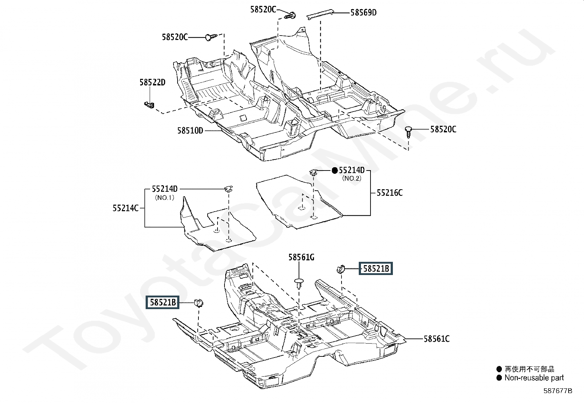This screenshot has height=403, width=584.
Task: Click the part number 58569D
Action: (363, 13)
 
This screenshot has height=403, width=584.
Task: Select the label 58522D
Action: (152, 83)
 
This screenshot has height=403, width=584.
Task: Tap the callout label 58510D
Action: (190, 131)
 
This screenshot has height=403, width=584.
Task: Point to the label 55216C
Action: (389, 193)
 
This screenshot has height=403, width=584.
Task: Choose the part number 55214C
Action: (125, 208)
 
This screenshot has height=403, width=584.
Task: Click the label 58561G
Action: (301, 257)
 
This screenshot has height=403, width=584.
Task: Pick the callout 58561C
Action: (436, 339)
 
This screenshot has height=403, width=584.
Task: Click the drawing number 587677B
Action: (558, 391)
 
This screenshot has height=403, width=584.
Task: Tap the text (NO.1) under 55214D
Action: (164, 198)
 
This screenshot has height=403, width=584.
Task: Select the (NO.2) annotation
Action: (351, 179)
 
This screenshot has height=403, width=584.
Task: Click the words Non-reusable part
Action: (534, 378)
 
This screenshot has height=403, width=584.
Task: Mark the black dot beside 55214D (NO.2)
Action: (335, 171)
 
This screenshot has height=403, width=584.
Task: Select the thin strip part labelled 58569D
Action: (320, 15)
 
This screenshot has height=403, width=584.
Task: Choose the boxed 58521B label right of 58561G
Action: (376, 269)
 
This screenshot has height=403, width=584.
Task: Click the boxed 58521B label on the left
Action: (163, 303)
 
